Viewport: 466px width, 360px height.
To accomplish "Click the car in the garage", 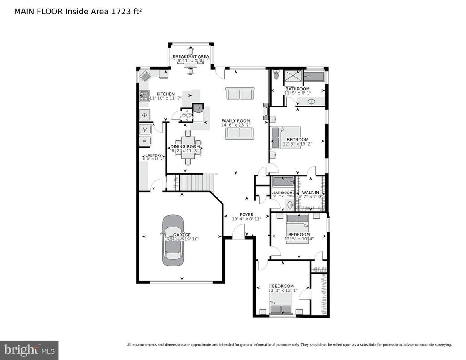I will (173, 240).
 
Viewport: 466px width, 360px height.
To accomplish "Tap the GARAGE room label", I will (182, 235).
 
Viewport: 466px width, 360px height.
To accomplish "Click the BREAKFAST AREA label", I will (191, 57).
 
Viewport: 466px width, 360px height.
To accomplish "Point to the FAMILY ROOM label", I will (235, 121).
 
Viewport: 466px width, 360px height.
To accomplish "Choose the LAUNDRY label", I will (152, 155).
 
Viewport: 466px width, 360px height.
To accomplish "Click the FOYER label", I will (246, 215).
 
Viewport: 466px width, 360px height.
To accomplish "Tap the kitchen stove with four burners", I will (144, 95).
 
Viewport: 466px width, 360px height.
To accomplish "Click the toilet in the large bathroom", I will (276, 75).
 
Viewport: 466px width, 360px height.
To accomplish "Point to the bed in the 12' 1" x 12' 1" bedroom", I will (281, 309).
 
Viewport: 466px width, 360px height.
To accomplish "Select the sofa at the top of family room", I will (239, 94).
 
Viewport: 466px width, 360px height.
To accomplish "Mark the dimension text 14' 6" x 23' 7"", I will (235, 126).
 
